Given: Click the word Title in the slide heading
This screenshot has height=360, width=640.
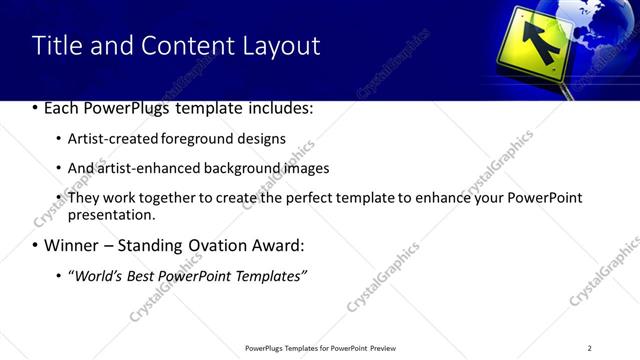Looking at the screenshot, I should [x=57, y=46].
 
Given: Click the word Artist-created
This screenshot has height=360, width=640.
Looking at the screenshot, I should [x=107, y=139].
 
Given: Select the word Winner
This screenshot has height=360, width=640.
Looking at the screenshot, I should [x=72, y=245].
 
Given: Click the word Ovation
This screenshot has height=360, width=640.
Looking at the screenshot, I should [x=224, y=245].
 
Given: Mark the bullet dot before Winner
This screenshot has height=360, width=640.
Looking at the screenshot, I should [x=36, y=245].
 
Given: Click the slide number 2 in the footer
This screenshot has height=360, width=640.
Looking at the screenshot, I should [x=590, y=348].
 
